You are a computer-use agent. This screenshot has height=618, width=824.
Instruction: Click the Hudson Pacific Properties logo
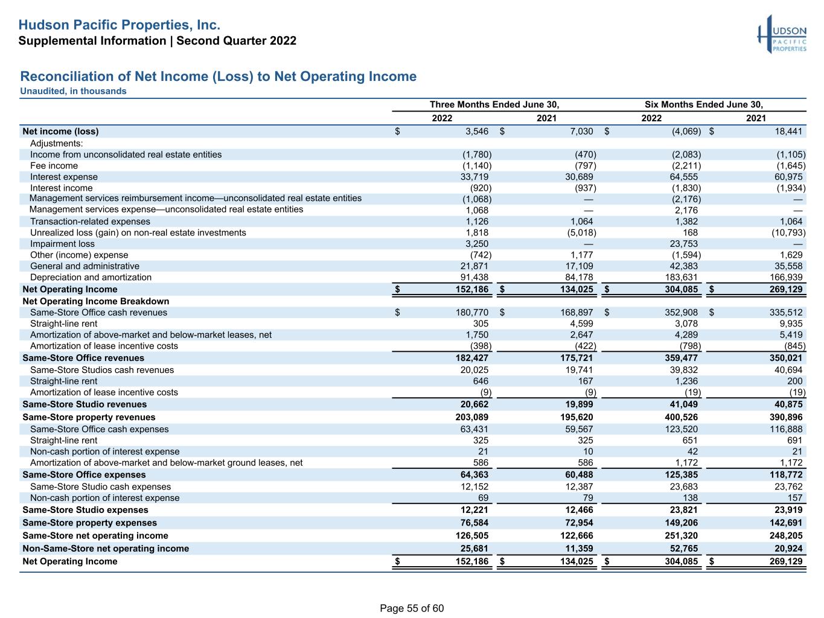click(x=782, y=34)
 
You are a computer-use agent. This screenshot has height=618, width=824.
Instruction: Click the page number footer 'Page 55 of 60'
click(x=412, y=608)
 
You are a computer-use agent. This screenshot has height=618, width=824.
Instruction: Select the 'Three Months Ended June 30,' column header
click(x=494, y=104)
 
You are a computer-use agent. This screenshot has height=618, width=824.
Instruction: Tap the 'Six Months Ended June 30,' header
click(x=703, y=104)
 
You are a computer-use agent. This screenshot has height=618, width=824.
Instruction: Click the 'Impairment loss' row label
click(x=62, y=244)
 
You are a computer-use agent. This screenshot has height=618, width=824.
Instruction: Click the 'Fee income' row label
click(x=54, y=166)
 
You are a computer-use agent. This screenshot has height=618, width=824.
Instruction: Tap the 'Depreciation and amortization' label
click(x=91, y=277)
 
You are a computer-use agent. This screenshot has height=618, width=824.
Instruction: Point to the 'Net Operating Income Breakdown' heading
click(x=96, y=301)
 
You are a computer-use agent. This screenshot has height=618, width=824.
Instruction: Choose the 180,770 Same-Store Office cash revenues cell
click(x=472, y=312)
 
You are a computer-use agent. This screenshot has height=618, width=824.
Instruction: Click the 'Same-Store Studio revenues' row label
click(x=85, y=404)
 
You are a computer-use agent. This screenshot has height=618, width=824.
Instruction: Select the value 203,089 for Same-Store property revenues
click(x=472, y=417)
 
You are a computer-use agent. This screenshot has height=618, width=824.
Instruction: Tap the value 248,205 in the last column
click(x=786, y=535)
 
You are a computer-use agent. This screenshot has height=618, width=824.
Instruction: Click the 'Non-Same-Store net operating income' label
click(x=106, y=548)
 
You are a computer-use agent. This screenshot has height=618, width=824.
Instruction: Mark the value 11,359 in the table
click(x=579, y=548)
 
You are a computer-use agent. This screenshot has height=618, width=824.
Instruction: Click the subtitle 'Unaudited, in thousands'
click(x=73, y=91)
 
